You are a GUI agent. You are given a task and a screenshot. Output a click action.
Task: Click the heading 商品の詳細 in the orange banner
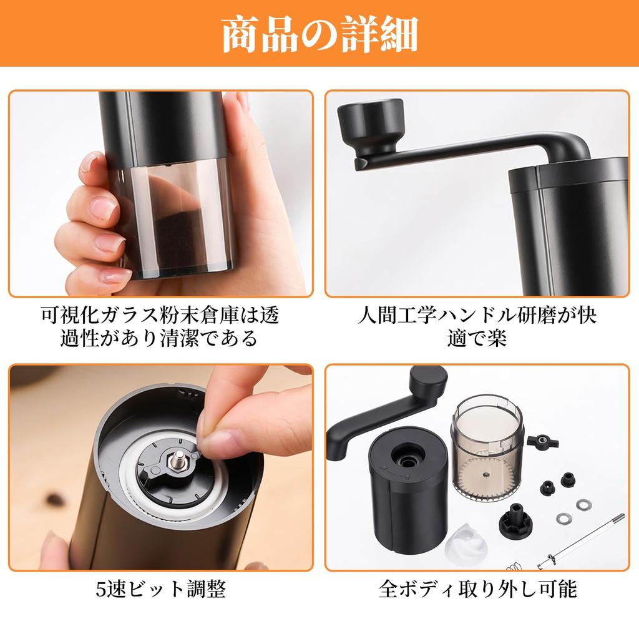[x=319, y=34]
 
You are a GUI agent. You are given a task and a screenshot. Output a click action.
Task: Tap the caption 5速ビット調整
[x=160, y=588]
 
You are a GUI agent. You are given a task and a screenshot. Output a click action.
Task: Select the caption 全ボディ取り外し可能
[x=477, y=588]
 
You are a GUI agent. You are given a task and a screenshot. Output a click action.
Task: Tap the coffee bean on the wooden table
[x=50, y=499]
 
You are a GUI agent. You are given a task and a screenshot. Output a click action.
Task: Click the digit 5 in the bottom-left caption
[x=102, y=588]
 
